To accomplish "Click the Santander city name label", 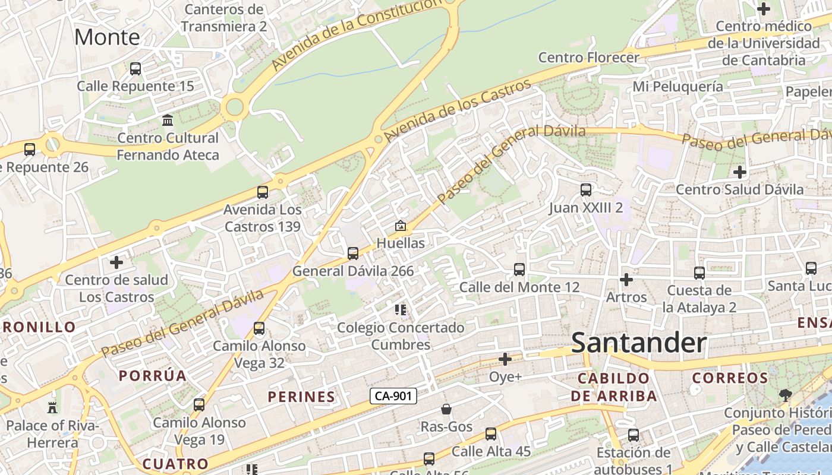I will coord(639,343).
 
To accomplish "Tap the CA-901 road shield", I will coord(393,396).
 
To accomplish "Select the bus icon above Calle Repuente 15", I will coord(135,69).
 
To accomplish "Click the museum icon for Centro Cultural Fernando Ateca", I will coord(168,121).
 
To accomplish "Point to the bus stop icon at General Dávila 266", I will coord(353,254).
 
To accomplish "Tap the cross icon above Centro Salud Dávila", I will coord(740,172).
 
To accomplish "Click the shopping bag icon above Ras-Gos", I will coord(446,409).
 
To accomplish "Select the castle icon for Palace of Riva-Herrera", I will coord(52,408).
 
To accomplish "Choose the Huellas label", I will coord(401,243).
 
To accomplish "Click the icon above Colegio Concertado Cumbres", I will coord(401,309).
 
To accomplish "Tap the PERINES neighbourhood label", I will coord(301,397).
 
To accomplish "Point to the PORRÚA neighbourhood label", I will coord(153,375).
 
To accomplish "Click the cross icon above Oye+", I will coord(505,359).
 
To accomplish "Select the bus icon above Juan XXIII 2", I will coord(586,190).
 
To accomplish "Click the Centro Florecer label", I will coord(588,57).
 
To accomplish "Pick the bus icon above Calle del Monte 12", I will coord(519,270).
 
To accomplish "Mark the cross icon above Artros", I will coord(626,279).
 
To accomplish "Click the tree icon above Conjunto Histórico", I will coord(786,395).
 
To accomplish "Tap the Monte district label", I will coord(107,37).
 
